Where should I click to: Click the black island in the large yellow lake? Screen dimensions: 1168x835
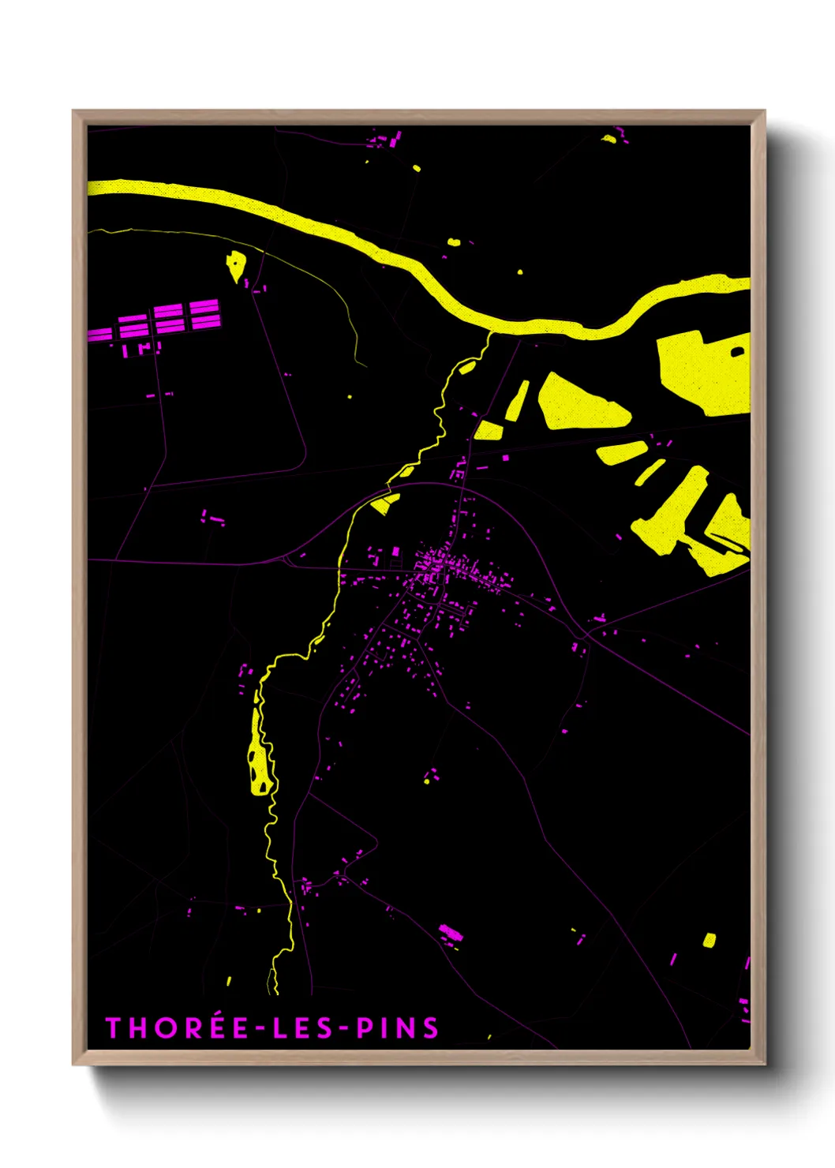tap(738, 351)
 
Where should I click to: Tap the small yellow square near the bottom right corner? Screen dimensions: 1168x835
tap(709, 940)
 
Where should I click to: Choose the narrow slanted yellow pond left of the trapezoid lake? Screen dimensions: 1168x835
tap(518, 400)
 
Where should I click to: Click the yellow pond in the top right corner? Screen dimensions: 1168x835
tap(608, 139)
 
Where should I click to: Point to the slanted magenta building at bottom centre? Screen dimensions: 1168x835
tap(451, 934)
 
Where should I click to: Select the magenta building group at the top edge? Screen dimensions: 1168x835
tap(387, 141)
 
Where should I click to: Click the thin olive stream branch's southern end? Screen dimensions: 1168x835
tap(365, 365)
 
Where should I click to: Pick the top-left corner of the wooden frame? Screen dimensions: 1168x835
tap(74, 112)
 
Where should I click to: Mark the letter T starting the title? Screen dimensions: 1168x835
tap(113, 1028)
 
